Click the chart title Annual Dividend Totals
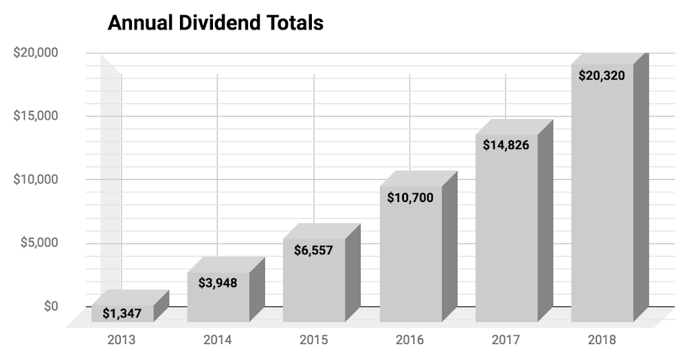(215, 23)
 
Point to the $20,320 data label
(602, 76)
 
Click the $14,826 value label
(506, 145)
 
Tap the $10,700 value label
(410, 198)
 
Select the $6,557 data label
(314, 250)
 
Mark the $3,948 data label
(218, 282)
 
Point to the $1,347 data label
(122, 314)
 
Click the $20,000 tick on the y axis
(36, 53)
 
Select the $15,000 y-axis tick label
(36, 116)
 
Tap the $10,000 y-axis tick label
(36, 179)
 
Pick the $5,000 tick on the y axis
(39, 243)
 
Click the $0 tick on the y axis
(51, 306)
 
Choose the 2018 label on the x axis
(602, 339)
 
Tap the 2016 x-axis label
(410, 339)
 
